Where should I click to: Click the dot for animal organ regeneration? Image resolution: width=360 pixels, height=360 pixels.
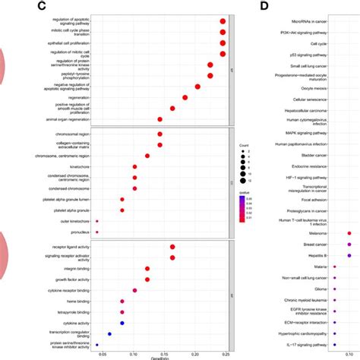[159, 119]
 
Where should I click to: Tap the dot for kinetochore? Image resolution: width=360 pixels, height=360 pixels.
[134, 166]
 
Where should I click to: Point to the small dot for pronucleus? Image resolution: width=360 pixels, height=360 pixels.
[97, 232]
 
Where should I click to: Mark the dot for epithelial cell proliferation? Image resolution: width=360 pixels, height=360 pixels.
[223, 43]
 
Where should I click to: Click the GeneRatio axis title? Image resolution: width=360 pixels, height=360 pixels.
[160, 358]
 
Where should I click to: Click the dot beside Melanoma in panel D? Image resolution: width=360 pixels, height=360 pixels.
[349, 234]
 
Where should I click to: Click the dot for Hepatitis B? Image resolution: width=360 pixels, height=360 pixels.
[349, 255]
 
